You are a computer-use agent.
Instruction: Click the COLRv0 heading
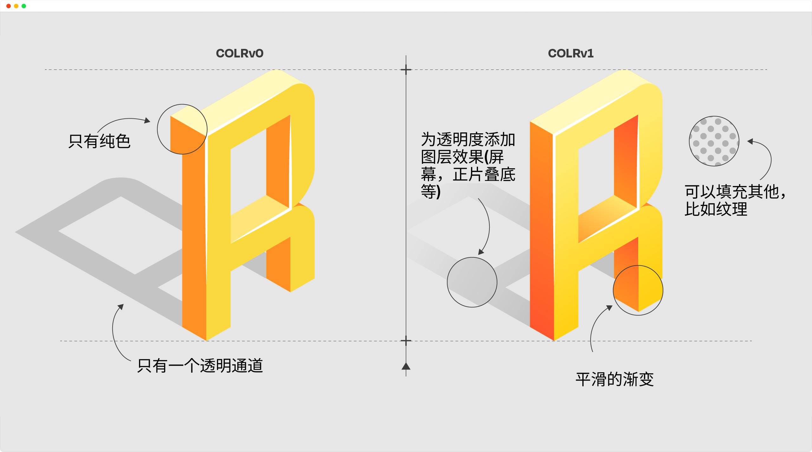point(239,53)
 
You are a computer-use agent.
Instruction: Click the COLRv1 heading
point(571,53)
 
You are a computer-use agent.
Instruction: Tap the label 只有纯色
point(99,141)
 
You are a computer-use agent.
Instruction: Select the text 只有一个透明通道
point(200,366)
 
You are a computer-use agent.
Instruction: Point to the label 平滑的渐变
point(615,379)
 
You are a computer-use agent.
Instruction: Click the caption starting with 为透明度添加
point(468,166)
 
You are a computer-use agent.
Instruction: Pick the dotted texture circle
point(714,141)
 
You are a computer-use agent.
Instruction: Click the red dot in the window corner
point(9,6)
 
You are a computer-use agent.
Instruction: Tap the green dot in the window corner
point(24,6)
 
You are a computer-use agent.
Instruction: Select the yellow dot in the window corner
point(16,6)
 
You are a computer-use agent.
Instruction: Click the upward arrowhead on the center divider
point(406,366)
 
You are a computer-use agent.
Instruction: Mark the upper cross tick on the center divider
point(406,70)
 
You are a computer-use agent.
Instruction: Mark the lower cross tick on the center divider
point(406,341)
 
